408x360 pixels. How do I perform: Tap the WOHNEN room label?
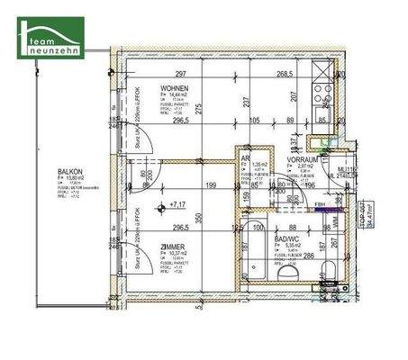(176, 88)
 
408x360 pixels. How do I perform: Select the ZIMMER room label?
(175, 246)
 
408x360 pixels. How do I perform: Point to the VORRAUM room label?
(299, 158)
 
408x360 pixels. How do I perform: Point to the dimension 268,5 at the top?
(286, 75)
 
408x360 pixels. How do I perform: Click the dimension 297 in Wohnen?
(180, 75)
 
